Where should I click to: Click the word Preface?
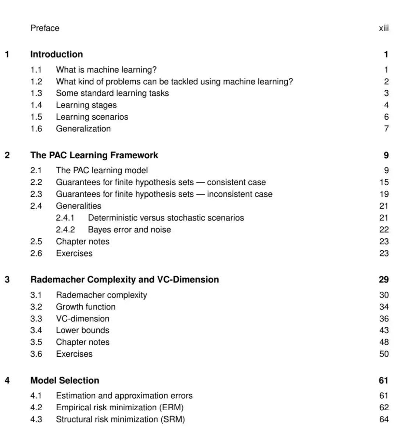click(x=45, y=28)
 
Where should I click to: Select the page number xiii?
click(x=384, y=28)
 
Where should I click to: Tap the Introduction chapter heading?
click(x=57, y=54)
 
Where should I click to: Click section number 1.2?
click(x=36, y=81)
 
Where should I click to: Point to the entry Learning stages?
click(x=86, y=105)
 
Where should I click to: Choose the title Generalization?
click(x=83, y=128)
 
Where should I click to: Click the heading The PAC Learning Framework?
click(x=94, y=155)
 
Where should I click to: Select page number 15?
click(x=384, y=182)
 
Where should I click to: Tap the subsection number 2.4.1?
click(x=65, y=218)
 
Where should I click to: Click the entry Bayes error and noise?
click(x=129, y=229)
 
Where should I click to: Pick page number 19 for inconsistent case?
click(x=384, y=194)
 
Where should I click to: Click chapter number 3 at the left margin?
click(x=7, y=280)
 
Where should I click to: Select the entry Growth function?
click(x=86, y=307)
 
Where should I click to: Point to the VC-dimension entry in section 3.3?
click(x=82, y=319)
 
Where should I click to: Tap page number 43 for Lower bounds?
click(x=384, y=330)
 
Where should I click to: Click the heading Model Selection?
click(x=65, y=381)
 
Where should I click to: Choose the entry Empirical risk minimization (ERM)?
click(x=119, y=407)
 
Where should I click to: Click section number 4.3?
click(x=36, y=419)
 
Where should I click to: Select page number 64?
click(x=384, y=419)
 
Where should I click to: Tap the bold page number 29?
click(x=384, y=280)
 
